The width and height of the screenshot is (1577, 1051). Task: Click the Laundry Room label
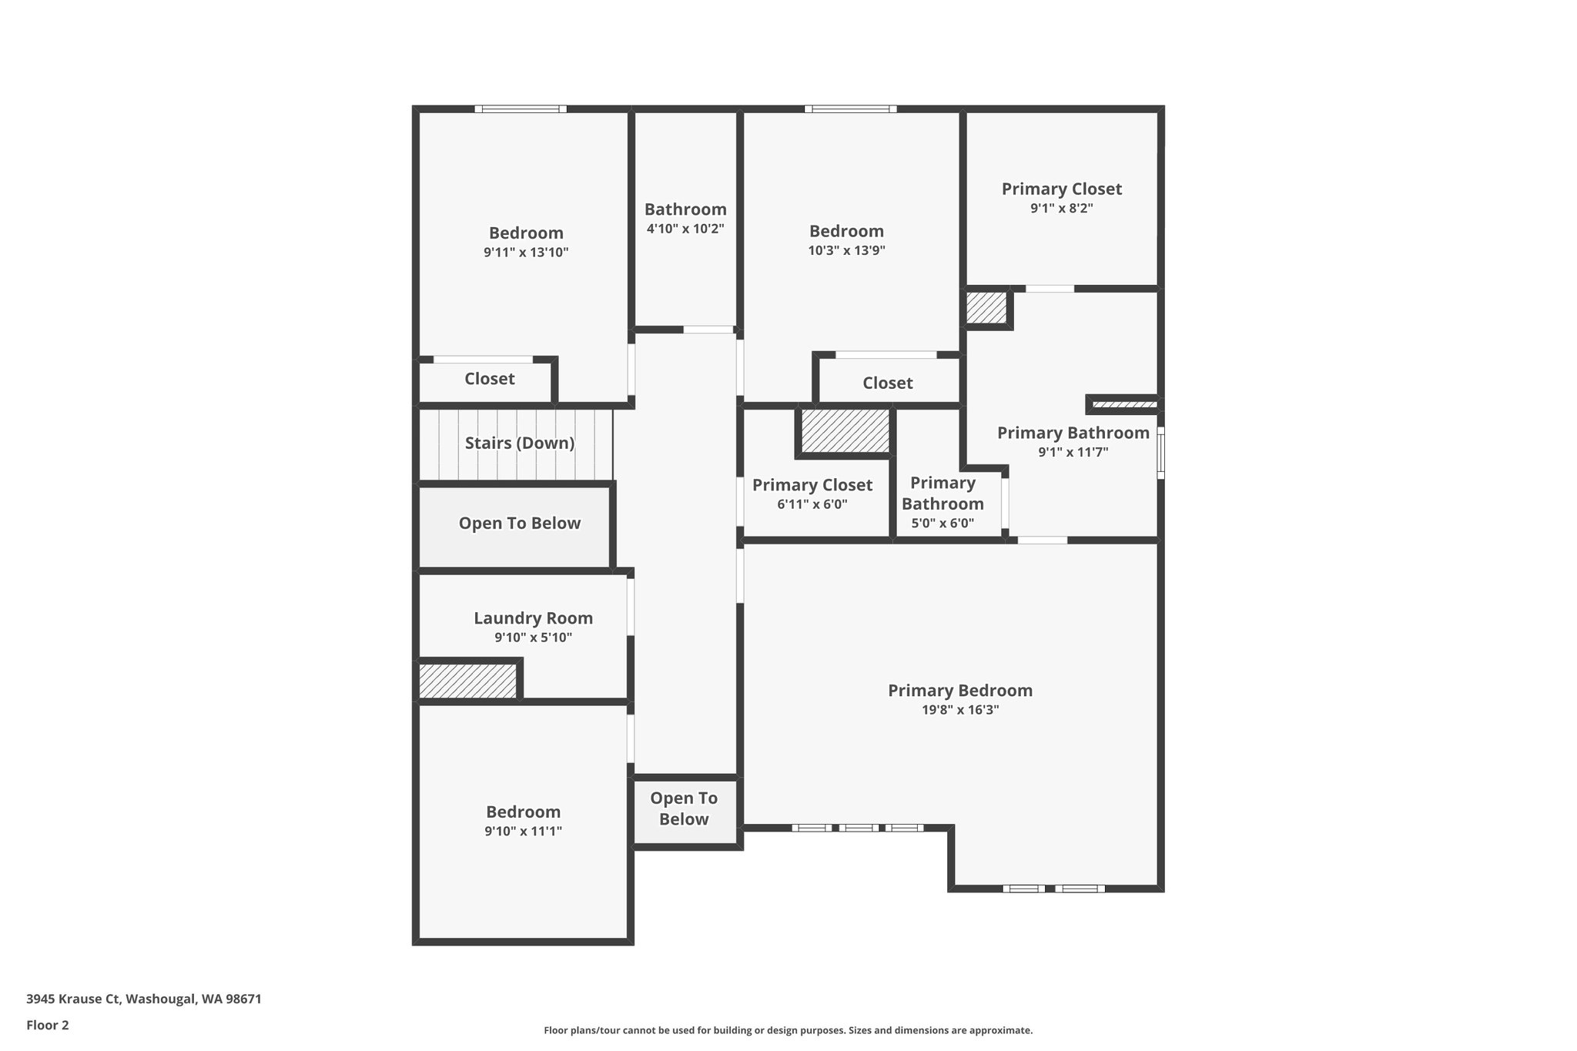[533, 618]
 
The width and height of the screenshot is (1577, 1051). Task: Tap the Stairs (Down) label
[520, 443]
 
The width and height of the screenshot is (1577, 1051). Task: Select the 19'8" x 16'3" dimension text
[960, 710]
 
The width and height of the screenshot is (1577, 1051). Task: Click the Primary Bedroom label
[960, 690]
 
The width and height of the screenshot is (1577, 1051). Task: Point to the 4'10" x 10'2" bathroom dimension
[685, 229]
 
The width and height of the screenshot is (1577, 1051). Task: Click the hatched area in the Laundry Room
[467, 681]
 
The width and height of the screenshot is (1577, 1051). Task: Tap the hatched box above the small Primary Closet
[845, 430]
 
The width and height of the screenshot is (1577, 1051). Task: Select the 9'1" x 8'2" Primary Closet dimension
[1061, 208]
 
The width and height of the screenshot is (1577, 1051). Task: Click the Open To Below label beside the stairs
[520, 523]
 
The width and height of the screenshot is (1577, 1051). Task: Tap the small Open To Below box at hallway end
[684, 808]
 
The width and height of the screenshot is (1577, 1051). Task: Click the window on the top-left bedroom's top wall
[521, 109]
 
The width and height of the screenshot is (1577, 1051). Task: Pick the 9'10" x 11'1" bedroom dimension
[524, 831]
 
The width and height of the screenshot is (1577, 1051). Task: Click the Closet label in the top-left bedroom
[490, 378]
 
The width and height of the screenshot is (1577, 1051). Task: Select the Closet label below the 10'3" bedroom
[887, 383]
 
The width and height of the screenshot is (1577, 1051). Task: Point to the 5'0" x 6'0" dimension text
[943, 523]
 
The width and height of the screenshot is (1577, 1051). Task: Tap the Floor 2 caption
[48, 1025]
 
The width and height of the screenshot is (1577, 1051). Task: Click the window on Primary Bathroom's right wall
[1160, 453]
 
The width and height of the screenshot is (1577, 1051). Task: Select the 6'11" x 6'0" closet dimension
[812, 504]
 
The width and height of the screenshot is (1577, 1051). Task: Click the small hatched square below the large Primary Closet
[986, 307]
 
